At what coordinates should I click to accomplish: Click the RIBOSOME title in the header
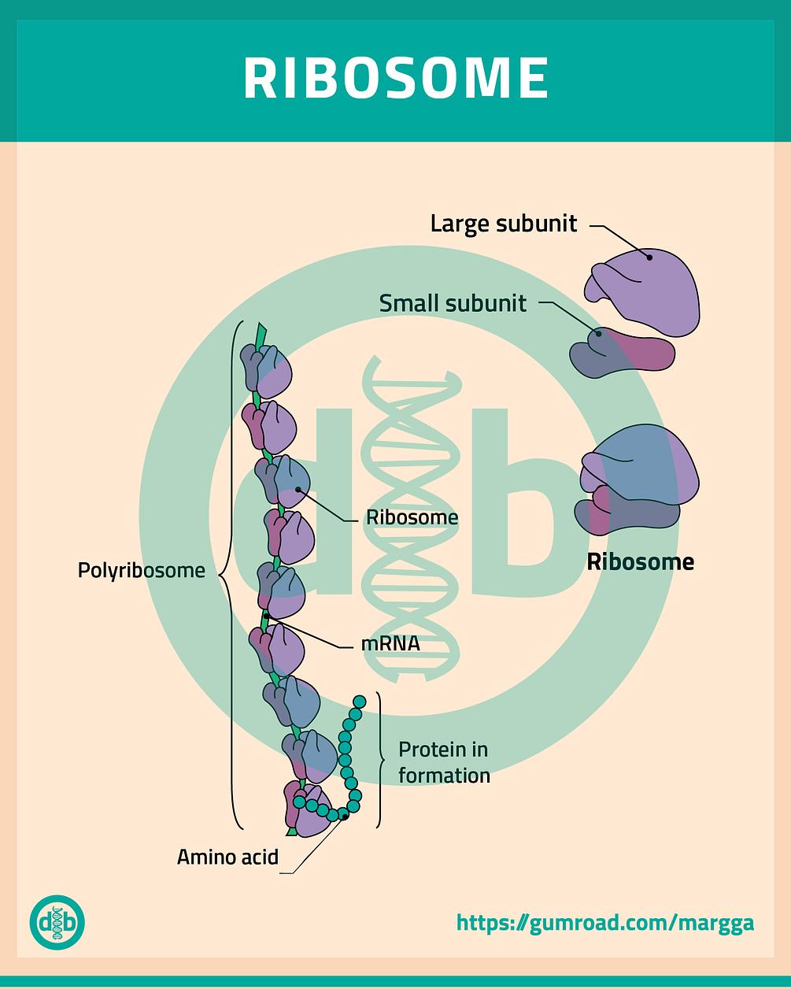click(x=395, y=78)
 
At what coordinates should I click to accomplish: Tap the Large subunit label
click(x=503, y=224)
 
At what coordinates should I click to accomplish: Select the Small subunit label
click(x=453, y=303)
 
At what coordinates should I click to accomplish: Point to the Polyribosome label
click(x=141, y=569)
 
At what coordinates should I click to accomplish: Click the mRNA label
click(x=390, y=643)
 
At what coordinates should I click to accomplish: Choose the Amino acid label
click(x=227, y=856)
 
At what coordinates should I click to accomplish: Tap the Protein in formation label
click(x=444, y=761)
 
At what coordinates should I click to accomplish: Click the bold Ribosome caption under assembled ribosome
click(x=640, y=561)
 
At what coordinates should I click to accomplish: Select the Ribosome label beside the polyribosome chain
click(x=412, y=517)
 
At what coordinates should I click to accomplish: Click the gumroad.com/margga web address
click(x=604, y=922)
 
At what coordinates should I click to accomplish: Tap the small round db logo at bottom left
click(x=57, y=921)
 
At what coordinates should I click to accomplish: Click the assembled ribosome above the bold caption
click(x=638, y=480)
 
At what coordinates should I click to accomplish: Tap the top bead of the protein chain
click(x=360, y=702)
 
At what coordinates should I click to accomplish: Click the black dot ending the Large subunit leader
click(x=650, y=254)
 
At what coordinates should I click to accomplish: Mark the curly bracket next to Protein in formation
click(x=381, y=760)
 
